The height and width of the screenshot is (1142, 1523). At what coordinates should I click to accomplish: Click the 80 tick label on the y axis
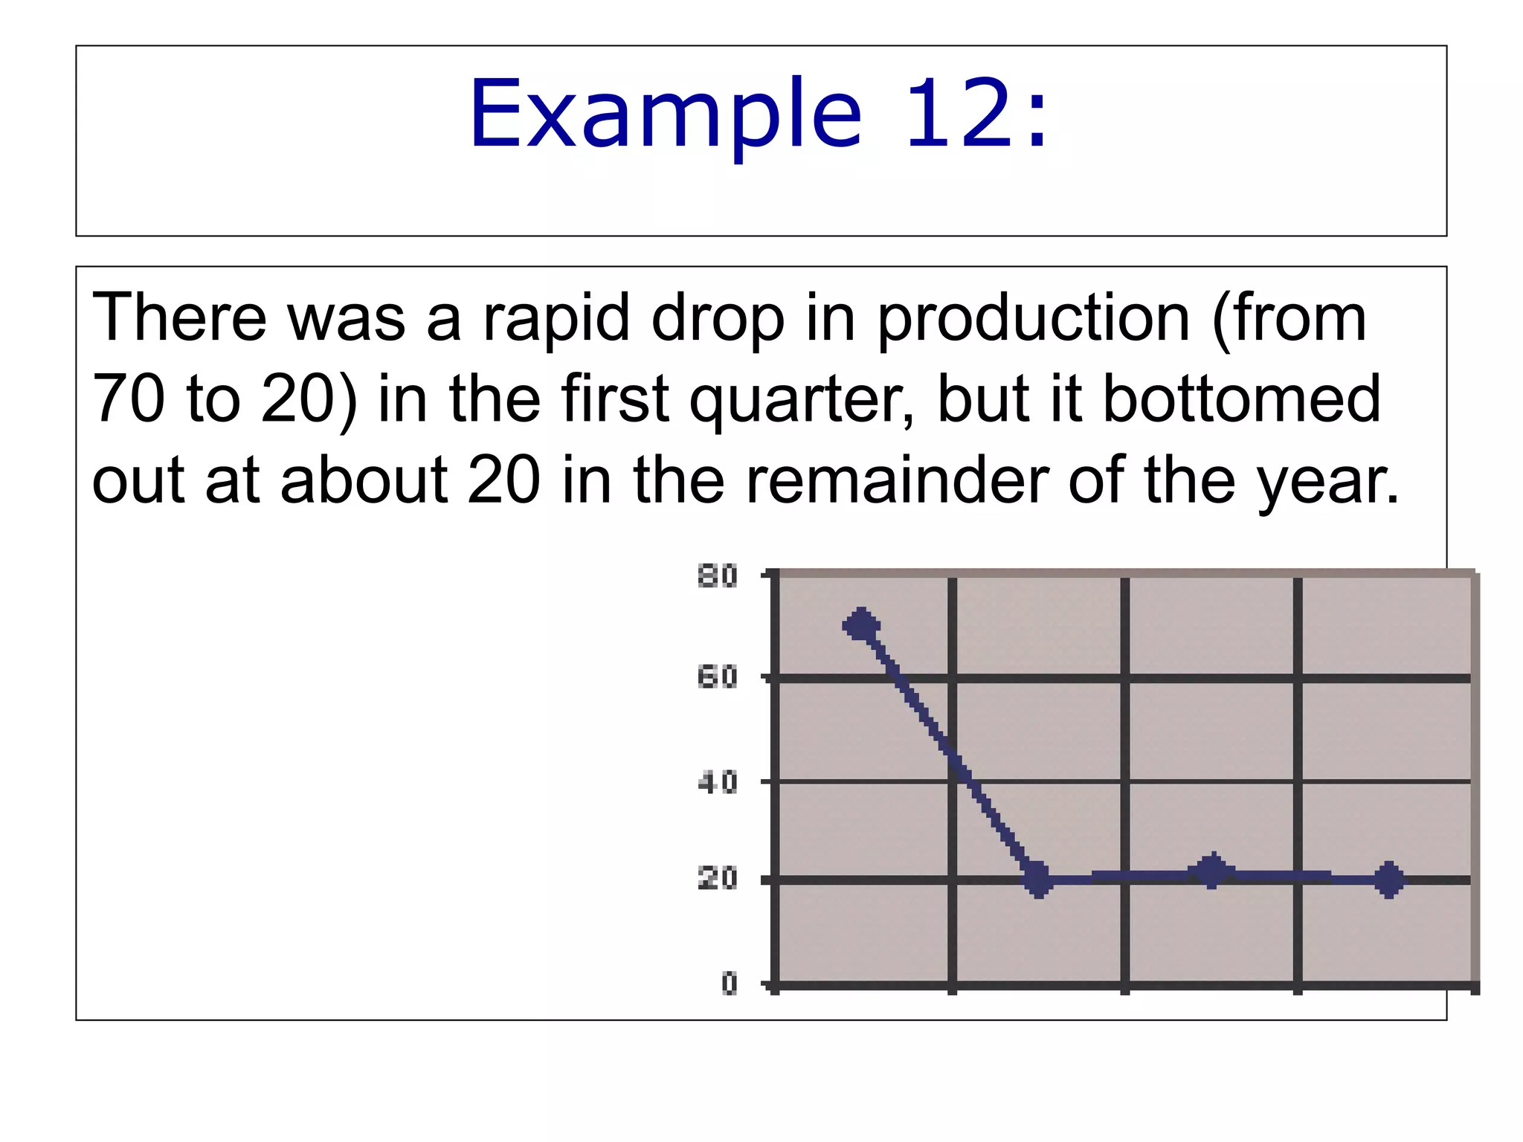coord(718,576)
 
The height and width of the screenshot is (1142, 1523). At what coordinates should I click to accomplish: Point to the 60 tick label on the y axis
coord(718,677)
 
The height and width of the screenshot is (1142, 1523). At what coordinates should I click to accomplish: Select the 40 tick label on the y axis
coord(718,782)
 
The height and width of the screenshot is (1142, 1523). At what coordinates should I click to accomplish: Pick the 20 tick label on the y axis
coord(718,880)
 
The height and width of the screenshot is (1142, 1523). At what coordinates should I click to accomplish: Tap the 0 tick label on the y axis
coord(730,984)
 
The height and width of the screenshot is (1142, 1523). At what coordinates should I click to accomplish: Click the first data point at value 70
coord(861,625)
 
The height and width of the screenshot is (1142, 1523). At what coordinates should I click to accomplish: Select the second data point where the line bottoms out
coord(1038,880)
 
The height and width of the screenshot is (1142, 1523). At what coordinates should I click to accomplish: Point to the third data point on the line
coord(1212,871)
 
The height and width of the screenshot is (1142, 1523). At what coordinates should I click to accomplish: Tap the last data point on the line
coord(1389,880)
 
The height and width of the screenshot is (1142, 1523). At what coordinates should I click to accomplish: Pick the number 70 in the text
coord(128,399)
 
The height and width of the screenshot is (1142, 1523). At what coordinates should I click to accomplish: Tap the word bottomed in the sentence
coord(1240,399)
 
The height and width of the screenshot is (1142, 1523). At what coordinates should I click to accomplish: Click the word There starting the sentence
coord(179,318)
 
